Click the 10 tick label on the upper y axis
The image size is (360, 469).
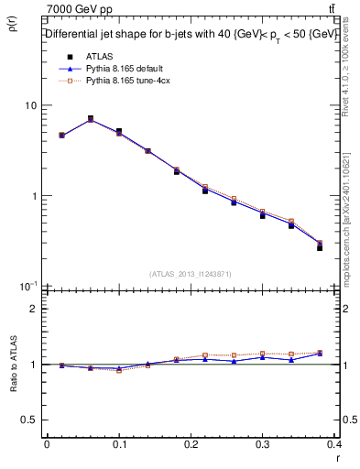[31, 106]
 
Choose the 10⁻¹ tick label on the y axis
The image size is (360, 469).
[29, 286]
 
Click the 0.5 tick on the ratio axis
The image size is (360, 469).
[29, 420]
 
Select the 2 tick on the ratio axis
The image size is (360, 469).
[34, 309]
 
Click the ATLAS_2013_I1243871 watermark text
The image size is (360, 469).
[191, 274]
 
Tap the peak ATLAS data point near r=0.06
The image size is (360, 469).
[90, 119]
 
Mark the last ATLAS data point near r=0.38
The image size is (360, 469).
[320, 247]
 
